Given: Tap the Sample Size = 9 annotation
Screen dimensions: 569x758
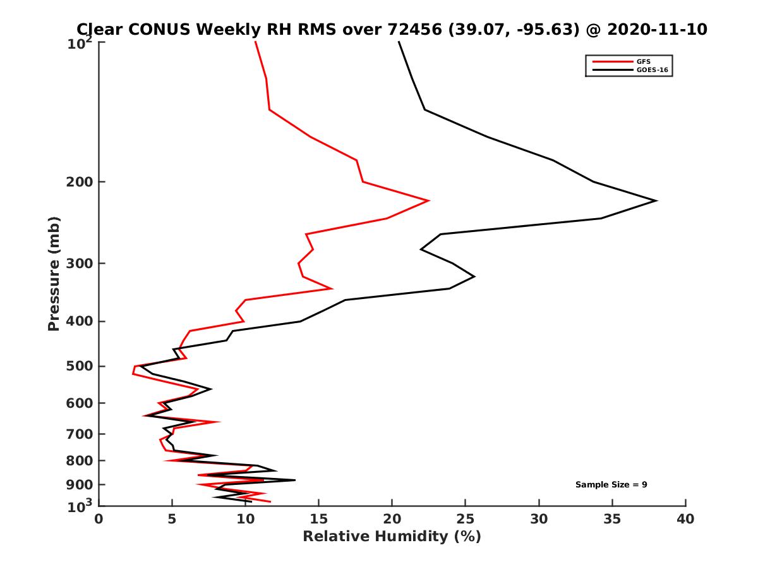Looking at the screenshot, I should click(x=611, y=484).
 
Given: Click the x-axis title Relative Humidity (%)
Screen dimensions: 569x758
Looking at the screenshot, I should click(x=392, y=537).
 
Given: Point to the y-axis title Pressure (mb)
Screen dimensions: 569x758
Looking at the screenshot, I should click(x=54, y=273).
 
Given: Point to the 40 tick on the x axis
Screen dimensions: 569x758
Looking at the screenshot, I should click(x=685, y=519).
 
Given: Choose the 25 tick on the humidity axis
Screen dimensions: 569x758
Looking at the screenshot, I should click(x=466, y=519).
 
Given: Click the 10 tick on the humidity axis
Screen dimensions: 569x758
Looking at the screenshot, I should click(x=246, y=519).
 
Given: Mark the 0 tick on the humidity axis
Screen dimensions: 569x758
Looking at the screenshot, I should click(x=99, y=519).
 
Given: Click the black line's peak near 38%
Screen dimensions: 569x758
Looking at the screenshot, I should click(x=656, y=201).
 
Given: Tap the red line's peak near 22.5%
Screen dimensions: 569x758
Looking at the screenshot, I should click(x=429, y=201).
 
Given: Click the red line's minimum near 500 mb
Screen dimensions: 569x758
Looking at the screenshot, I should click(x=133, y=373).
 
